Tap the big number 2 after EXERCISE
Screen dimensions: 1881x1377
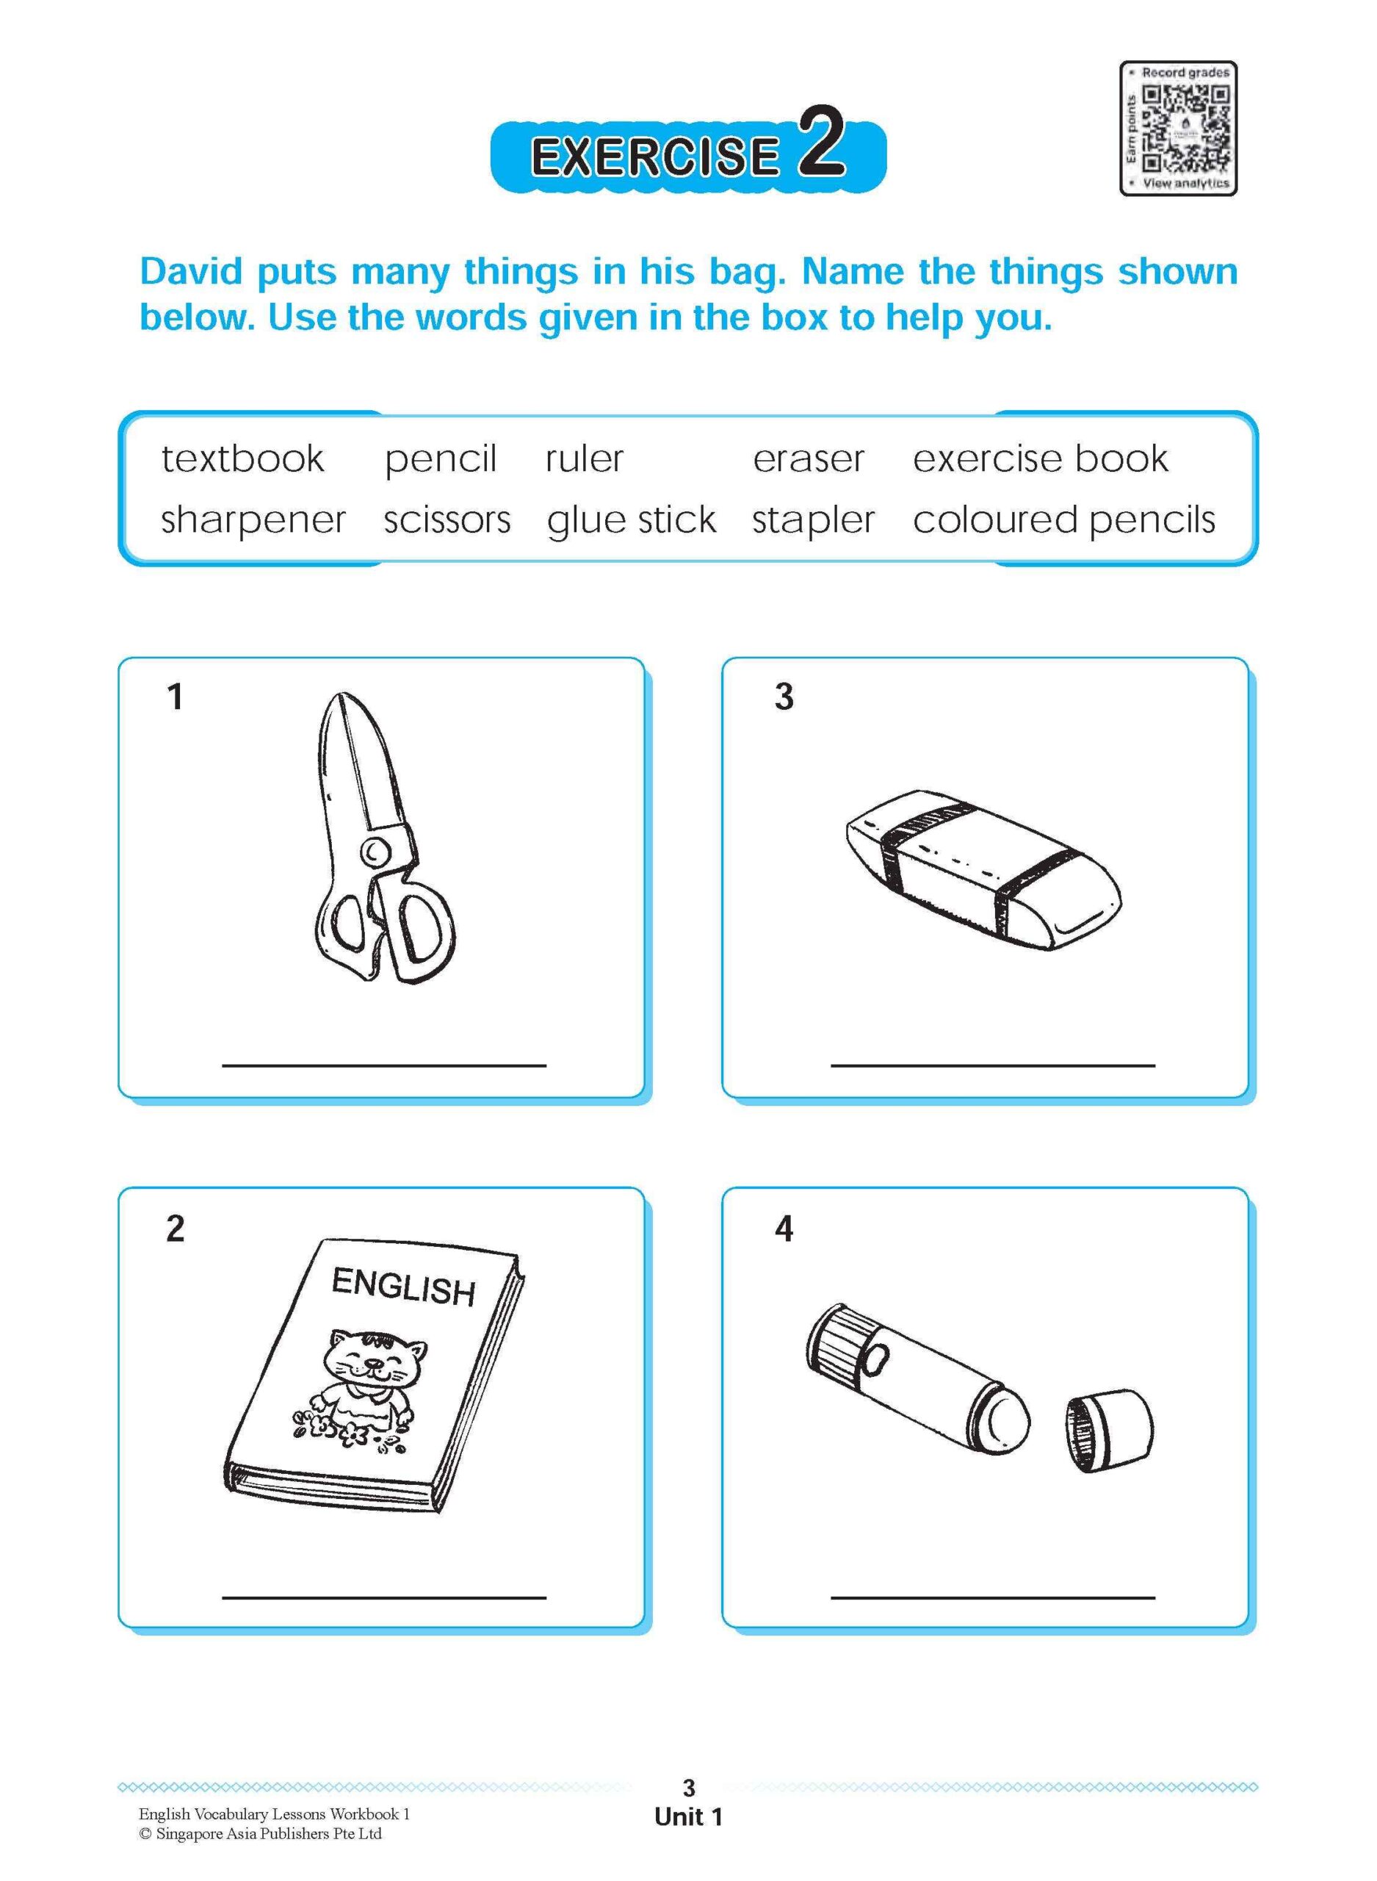click(x=821, y=143)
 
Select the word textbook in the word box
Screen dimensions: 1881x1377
click(x=242, y=458)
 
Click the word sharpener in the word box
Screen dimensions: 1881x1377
click(x=253, y=520)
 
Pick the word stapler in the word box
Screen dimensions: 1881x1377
click(x=813, y=520)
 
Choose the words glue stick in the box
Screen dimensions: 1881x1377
click(x=631, y=520)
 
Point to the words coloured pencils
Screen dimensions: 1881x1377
click(x=1063, y=520)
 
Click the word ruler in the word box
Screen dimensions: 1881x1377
click(x=585, y=458)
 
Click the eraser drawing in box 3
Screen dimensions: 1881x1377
click(x=983, y=870)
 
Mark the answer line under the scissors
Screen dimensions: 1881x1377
click(x=383, y=1065)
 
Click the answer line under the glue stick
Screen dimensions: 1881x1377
click(x=992, y=1597)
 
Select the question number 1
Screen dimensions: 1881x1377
click(x=175, y=697)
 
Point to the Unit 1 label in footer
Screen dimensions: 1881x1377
click(x=689, y=1817)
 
